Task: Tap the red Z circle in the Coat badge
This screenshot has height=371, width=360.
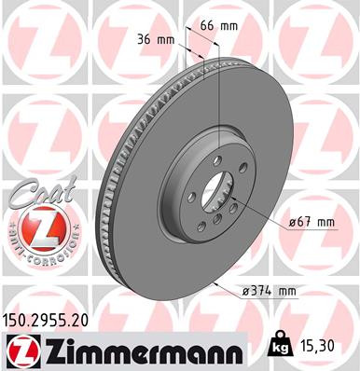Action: coord(38,227)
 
